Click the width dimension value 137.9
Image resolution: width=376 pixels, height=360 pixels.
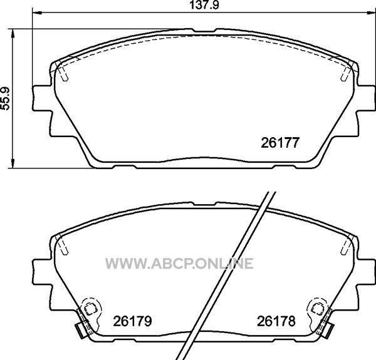click(204, 5)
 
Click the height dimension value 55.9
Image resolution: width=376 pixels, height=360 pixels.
click(5, 98)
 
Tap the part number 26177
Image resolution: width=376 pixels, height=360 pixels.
click(280, 143)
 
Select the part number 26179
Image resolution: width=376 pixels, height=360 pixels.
click(132, 321)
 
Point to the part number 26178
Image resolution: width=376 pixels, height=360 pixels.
click(276, 321)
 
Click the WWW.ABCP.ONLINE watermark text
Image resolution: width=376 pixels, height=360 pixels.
click(179, 264)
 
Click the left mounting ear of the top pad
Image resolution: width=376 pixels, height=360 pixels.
click(41, 98)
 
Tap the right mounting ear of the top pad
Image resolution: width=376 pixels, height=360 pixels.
click(366, 98)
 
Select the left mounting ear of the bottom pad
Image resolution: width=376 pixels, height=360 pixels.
click(41, 272)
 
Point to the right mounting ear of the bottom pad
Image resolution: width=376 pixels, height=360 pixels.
click(366, 272)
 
